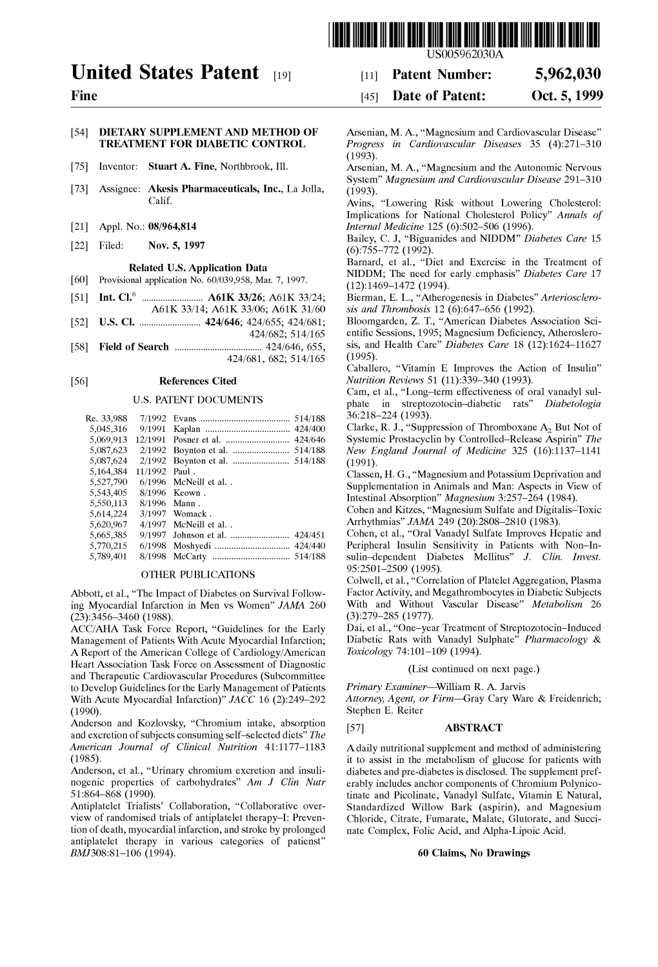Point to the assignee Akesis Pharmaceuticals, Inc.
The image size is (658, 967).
tap(211, 188)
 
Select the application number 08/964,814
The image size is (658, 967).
tap(174, 226)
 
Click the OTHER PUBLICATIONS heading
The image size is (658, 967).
tap(197, 574)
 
